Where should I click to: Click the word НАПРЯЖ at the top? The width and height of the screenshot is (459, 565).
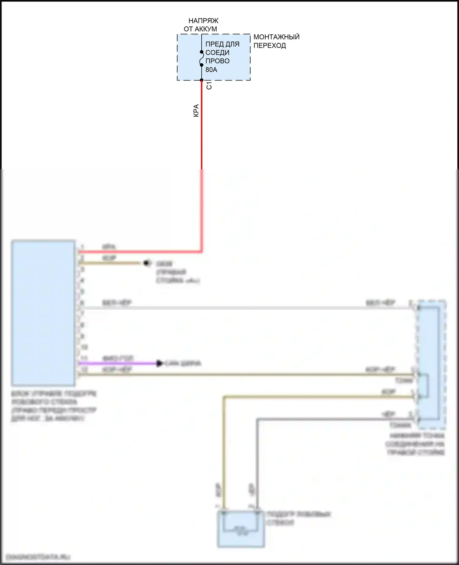click(x=203, y=21)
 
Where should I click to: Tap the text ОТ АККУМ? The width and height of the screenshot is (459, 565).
click(x=200, y=29)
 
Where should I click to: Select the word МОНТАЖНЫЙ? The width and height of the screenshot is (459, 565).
click(x=276, y=37)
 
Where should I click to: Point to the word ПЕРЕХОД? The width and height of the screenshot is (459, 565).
click(x=270, y=46)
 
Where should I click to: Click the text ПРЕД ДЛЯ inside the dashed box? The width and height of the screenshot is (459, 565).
click(x=222, y=44)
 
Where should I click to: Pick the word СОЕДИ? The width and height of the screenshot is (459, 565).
click(x=217, y=53)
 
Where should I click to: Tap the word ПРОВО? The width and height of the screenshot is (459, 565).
click(x=217, y=61)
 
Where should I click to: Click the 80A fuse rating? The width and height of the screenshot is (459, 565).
click(x=211, y=70)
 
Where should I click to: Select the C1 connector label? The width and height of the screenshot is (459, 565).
click(x=209, y=85)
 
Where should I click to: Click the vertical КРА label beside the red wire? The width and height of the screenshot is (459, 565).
click(x=196, y=110)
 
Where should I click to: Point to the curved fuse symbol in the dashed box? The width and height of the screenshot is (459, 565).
click(x=201, y=58)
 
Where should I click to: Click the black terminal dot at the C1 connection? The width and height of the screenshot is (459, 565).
click(x=202, y=80)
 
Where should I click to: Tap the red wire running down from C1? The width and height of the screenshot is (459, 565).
click(x=202, y=138)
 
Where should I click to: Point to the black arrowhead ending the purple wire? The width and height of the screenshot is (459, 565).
click(x=159, y=364)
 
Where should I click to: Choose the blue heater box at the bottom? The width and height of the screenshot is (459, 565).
click(x=241, y=529)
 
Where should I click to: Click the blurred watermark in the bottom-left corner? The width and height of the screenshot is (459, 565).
click(x=38, y=556)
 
